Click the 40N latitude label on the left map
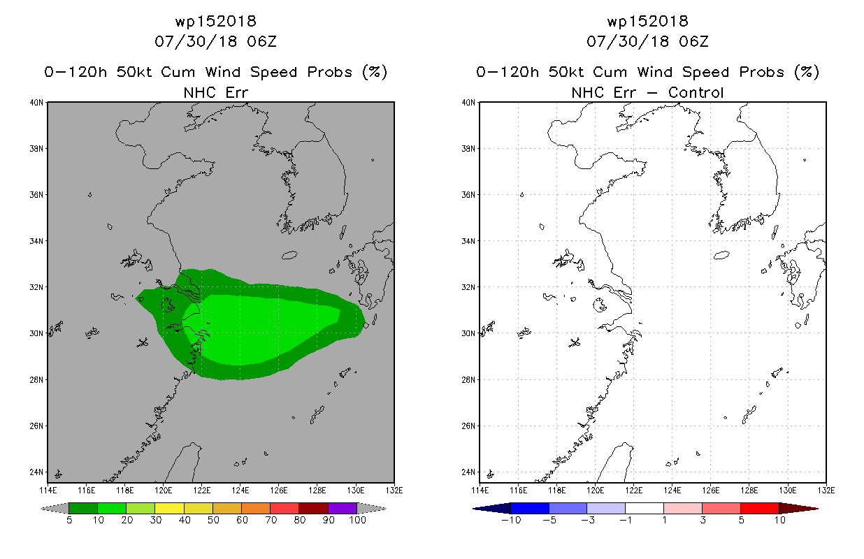click(x=36, y=103)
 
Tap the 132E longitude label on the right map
click(x=826, y=491)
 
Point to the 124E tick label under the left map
click(x=240, y=491)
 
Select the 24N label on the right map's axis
click(x=468, y=472)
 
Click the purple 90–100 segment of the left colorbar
click(x=343, y=508)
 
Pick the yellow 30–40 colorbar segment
click(x=169, y=508)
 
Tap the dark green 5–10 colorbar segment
click(x=83, y=508)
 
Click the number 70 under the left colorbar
click(x=271, y=520)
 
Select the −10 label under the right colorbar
click(x=511, y=520)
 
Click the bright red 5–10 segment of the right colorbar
click(x=760, y=508)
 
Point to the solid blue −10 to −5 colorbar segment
click(x=530, y=508)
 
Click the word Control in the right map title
click(x=696, y=92)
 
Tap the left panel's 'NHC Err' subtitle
click(x=215, y=92)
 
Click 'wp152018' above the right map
click(x=647, y=21)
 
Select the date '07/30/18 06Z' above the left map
click(x=215, y=41)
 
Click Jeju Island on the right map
click(x=721, y=255)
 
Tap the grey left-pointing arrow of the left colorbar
click(x=55, y=508)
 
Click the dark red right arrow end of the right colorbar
click(x=798, y=508)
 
